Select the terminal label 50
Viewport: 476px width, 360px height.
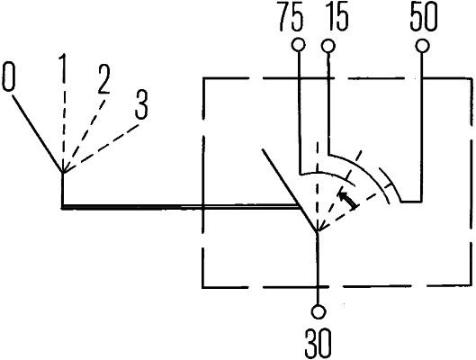[424, 19]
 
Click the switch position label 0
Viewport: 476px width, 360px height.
[9, 77]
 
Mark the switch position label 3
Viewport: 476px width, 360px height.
[140, 103]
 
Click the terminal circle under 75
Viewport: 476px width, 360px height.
[297, 45]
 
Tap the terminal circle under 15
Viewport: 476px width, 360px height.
[328, 45]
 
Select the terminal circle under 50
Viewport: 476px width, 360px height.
[421, 45]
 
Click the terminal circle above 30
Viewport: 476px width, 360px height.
[319, 312]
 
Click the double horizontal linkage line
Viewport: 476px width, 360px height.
[180, 207]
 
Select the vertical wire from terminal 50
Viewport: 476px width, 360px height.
[421, 126]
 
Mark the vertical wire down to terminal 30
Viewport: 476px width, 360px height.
[319, 270]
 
